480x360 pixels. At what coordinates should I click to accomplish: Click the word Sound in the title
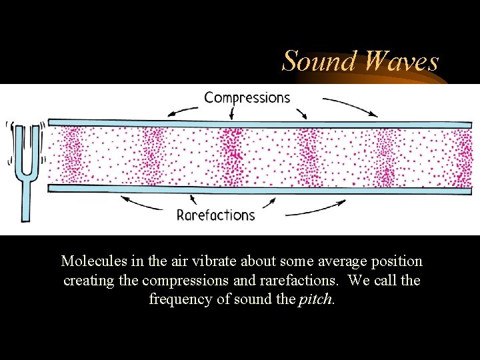[317, 61]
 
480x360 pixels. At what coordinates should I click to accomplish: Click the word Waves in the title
[402, 61]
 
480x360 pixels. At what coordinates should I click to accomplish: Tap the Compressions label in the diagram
[247, 98]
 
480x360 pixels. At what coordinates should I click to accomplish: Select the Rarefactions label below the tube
[215, 215]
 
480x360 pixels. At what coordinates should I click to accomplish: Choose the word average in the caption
[346, 261]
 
